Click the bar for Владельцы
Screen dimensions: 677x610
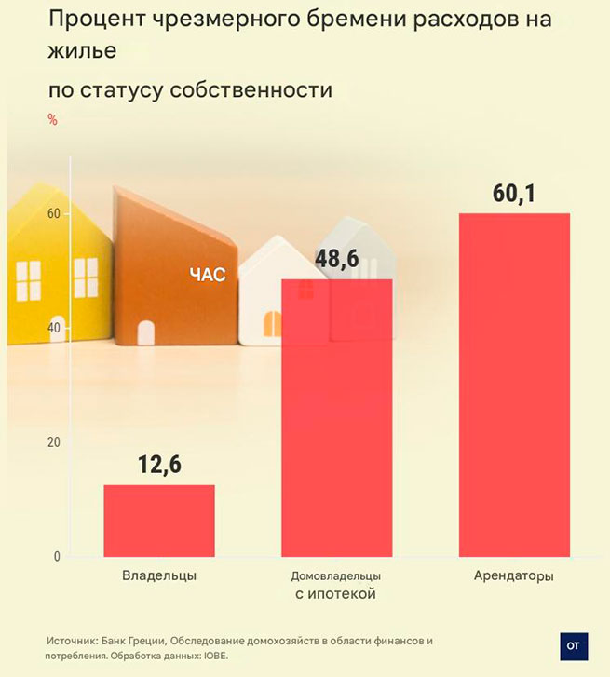tap(159, 521)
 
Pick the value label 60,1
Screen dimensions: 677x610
tap(515, 195)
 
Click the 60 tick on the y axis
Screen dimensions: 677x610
tap(54, 214)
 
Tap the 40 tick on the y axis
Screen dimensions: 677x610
tap(54, 329)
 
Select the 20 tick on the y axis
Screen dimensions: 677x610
tap(54, 442)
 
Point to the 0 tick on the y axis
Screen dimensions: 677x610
tap(56, 557)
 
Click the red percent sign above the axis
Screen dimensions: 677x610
tap(52, 119)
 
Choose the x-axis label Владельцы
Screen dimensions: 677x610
tap(159, 575)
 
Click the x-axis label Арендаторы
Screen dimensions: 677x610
tap(514, 575)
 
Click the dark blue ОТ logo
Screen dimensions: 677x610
tap(574, 646)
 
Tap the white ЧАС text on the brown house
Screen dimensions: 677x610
tap(208, 275)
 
